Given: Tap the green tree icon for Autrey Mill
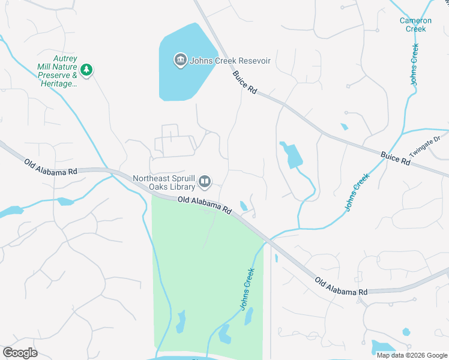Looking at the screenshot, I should (87, 70).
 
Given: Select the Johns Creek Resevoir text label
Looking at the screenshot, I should (231, 61).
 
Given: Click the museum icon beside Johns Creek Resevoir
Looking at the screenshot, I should (180, 60).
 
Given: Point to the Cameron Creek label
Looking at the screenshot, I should (415, 25).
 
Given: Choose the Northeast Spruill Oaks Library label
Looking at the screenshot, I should (164, 182).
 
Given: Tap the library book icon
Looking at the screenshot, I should (205, 181).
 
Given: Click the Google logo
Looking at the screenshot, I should (20, 353).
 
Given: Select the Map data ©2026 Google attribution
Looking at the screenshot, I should (412, 355).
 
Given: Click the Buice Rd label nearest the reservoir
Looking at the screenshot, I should (245, 82).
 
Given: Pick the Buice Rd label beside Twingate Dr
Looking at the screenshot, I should (395, 159).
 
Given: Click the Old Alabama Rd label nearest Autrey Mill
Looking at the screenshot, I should (52, 167).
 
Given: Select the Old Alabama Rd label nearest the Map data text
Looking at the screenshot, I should (340, 286).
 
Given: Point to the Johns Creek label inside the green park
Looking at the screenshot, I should (248, 289).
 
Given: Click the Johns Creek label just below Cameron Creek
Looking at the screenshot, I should (414, 64).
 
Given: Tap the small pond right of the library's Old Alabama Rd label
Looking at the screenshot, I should (244, 206).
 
